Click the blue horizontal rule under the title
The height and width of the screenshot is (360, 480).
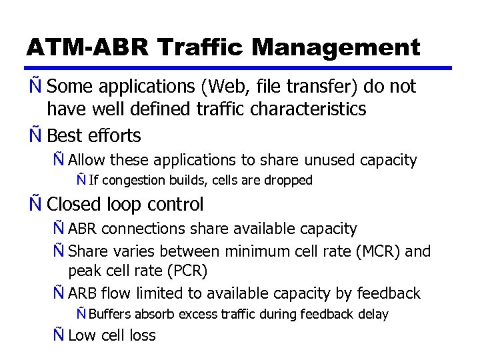tap(240, 67)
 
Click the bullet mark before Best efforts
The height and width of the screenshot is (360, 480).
tap(35, 136)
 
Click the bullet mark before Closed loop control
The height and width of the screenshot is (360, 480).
tap(35, 204)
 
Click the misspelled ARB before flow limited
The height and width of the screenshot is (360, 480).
tap(83, 293)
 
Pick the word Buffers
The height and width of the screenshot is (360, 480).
tap(111, 314)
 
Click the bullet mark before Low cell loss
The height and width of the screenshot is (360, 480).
tap(59, 335)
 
